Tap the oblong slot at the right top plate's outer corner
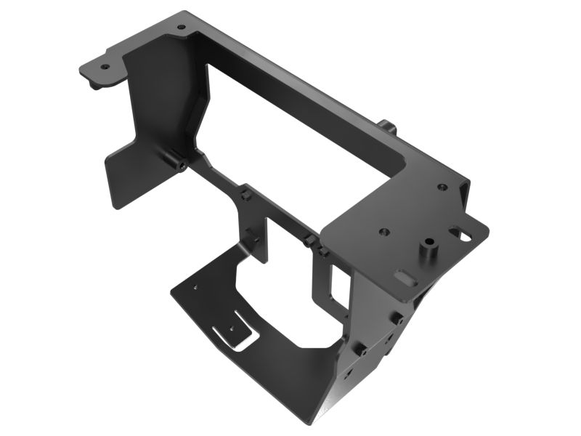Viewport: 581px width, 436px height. (x=459, y=234)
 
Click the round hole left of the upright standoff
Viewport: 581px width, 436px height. (x=383, y=233)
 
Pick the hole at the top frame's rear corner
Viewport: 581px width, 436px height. (x=182, y=28)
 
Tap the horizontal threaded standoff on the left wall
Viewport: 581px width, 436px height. (x=177, y=163)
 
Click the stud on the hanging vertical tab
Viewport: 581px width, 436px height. (x=251, y=235)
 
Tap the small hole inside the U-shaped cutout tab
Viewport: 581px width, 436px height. (x=232, y=328)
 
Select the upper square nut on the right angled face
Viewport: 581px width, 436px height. (x=399, y=319)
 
